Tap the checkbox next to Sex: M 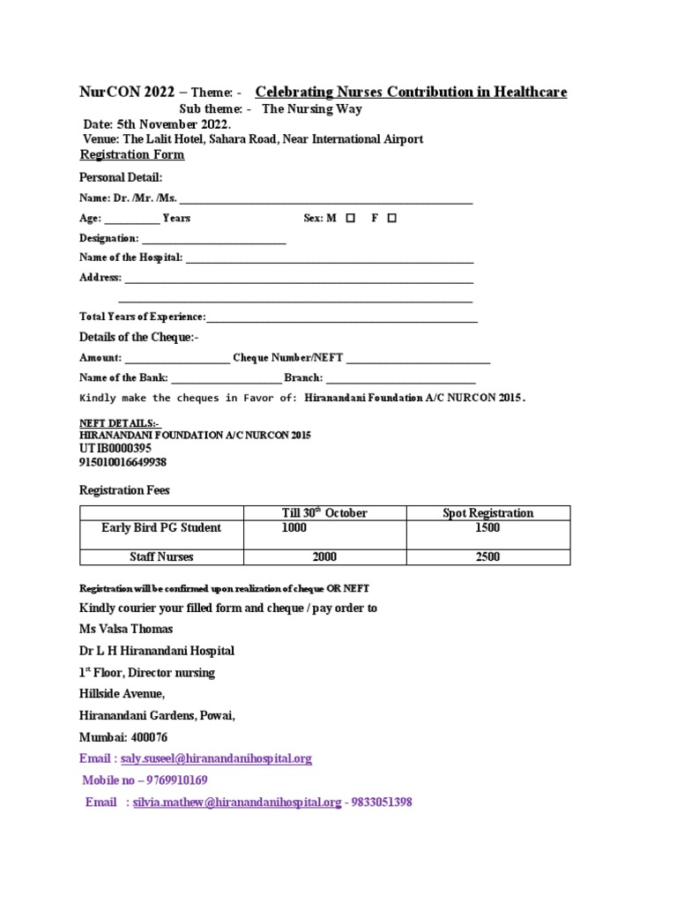pos(351,218)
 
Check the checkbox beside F pos(391,218)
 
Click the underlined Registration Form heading pos(132,155)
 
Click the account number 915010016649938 pos(123,462)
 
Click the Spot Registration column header pos(487,513)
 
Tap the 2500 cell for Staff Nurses pos(487,556)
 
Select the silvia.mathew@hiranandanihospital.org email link pos(236,802)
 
